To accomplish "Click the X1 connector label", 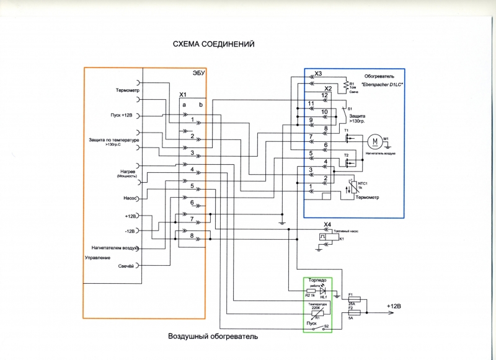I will (x=184, y=95).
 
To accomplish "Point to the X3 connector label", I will (x=318, y=74).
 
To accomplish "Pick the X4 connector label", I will (x=328, y=224).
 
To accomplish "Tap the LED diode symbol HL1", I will (x=322, y=290).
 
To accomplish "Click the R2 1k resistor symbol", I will (x=311, y=290).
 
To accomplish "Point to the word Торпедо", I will (x=318, y=280).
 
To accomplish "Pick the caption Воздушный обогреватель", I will (x=212, y=337).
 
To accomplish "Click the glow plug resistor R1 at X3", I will (x=345, y=85).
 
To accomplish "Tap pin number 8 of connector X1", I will (x=193, y=235).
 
